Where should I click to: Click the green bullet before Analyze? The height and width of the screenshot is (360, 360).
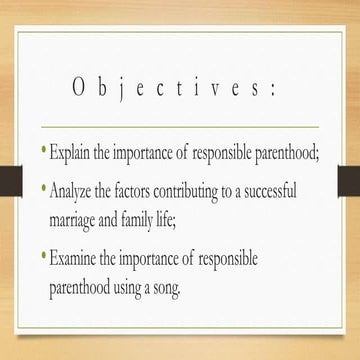click(42, 186)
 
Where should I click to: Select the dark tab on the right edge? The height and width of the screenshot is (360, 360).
click(349, 177)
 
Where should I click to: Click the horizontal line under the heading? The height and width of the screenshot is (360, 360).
click(180, 128)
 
